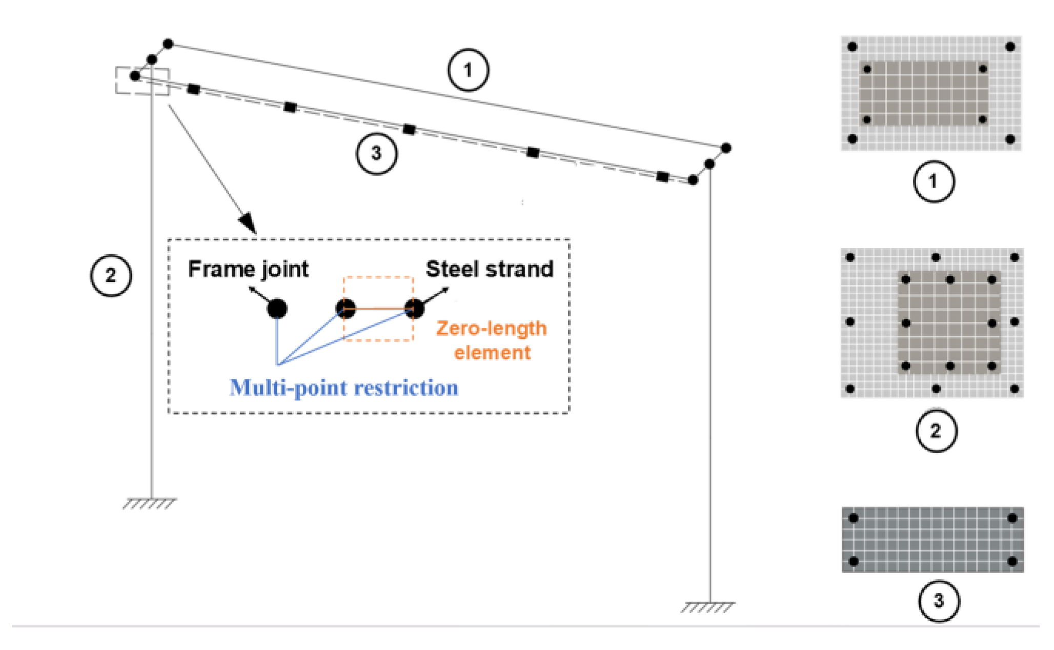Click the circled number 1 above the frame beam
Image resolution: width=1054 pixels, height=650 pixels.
(x=468, y=70)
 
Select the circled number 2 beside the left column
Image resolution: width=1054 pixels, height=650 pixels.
(x=111, y=275)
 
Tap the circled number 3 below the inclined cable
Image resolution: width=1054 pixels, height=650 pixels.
(x=376, y=153)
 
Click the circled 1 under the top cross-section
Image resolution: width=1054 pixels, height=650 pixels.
(x=934, y=181)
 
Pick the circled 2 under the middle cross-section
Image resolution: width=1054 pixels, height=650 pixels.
(x=936, y=431)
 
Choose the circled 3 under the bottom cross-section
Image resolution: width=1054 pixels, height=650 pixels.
(x=938, y=600)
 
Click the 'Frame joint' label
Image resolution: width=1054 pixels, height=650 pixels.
(x=248, y=269)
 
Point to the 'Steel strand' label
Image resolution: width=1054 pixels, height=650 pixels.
(x=490, y=269)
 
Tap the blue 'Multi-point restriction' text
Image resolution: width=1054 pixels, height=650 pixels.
(x=343, y=388)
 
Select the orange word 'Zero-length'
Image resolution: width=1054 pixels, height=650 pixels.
(x=491, y=329)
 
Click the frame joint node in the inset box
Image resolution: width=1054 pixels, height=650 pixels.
(x=277, y=309)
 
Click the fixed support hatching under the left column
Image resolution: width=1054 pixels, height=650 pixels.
(x=149, y=504)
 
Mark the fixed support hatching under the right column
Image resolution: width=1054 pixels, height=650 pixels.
(x=707, y=608)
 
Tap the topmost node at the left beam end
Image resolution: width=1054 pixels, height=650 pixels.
(x=168, y=44)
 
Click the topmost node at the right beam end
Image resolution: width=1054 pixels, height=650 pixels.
(x=726, y=148)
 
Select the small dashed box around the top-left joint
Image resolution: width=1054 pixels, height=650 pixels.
(x=142, y=81)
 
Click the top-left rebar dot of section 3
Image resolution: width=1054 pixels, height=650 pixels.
(x=853, y=518)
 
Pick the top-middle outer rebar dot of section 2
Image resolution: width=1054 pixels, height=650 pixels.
(x=936, y=257)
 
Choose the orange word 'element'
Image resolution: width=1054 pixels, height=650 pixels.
(x=492, y=353)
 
